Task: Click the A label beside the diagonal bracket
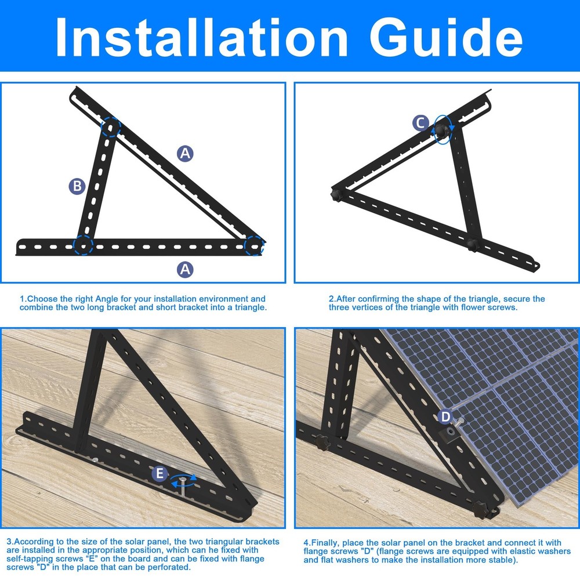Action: coord(184,154)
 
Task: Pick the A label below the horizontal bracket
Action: coord(184,269)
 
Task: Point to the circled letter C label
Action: coord(421,123)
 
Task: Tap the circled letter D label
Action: coord(445,416)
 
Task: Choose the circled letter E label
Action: coord(159,474)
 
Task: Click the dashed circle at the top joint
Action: coord(110,126)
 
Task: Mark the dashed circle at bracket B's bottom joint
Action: coord(83,245)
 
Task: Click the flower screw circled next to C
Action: coord(443,129)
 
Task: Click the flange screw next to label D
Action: coord(450,432)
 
